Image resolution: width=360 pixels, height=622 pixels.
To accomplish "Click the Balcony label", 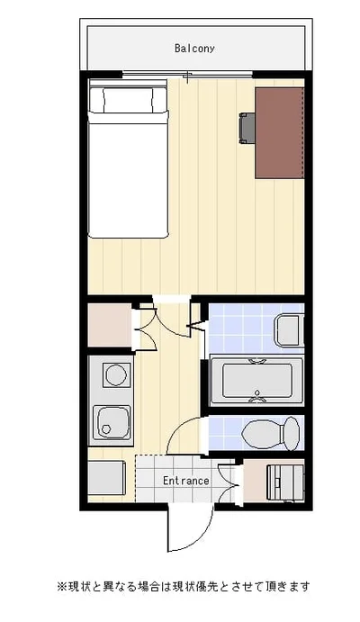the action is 194,49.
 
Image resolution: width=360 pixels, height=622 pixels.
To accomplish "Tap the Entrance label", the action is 186,481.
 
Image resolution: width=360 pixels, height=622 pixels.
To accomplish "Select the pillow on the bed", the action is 128,99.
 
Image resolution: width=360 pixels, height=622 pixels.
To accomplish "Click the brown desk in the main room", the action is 280,133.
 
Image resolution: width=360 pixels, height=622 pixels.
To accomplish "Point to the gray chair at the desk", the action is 247,128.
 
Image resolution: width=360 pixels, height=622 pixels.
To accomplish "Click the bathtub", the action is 256,381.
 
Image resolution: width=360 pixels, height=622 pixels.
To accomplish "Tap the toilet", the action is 271,434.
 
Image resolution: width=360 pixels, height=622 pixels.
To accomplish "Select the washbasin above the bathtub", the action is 289,330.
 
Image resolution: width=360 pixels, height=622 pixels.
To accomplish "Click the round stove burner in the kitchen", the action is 116,374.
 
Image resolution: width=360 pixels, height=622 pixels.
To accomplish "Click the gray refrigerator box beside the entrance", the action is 107,478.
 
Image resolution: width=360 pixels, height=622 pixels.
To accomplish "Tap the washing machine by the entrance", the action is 285,482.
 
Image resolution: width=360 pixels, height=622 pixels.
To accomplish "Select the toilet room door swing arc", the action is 177,429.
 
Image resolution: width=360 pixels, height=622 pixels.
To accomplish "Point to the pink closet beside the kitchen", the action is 110,325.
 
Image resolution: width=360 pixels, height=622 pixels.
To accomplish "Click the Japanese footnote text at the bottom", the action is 184,586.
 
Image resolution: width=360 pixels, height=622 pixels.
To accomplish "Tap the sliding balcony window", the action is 187,74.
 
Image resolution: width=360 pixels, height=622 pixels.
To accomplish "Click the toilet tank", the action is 292,434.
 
